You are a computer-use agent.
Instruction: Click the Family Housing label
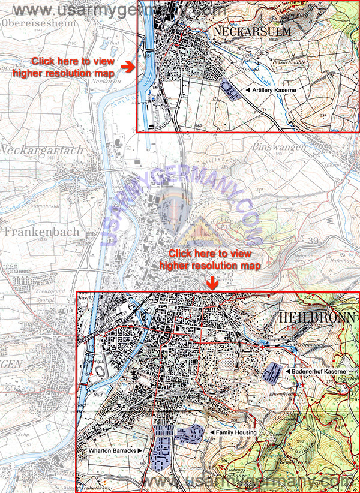237,432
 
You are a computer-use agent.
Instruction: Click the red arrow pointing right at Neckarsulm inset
128,65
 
